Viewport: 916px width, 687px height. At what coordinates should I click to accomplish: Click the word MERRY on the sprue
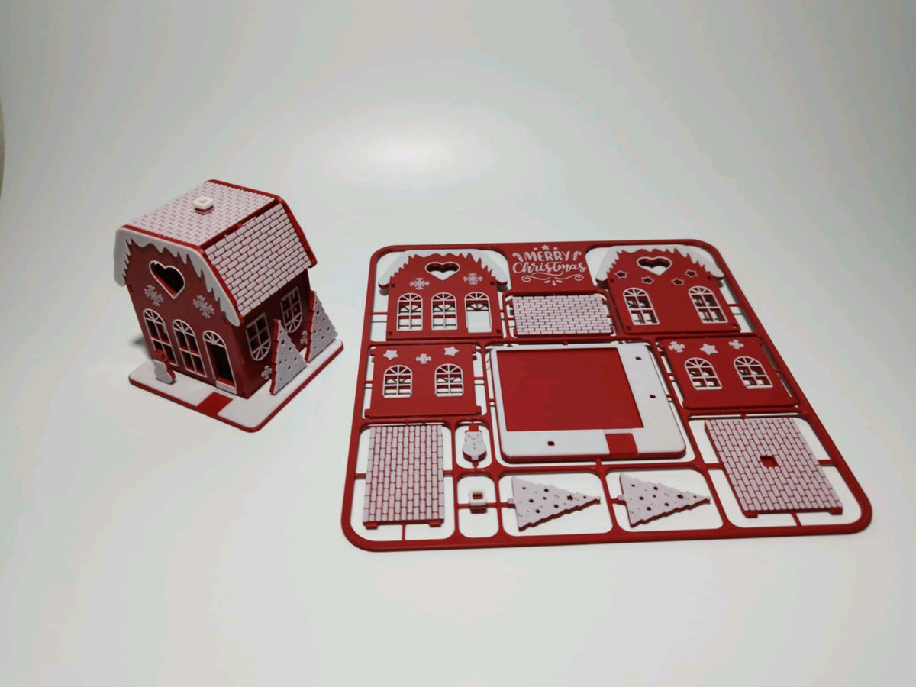point(547,256)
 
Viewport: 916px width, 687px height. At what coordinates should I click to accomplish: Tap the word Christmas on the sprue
point(549,268)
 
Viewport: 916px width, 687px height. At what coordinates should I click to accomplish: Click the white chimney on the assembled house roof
point(204,204)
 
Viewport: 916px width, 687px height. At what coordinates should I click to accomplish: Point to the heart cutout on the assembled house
point(167,278)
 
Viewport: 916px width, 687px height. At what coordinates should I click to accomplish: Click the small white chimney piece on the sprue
point(477,497)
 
